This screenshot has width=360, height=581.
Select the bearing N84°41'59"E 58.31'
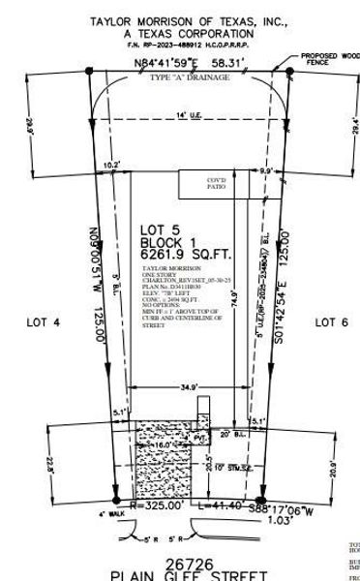tap(190, 65)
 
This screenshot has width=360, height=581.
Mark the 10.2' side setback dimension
tap(111, 165)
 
